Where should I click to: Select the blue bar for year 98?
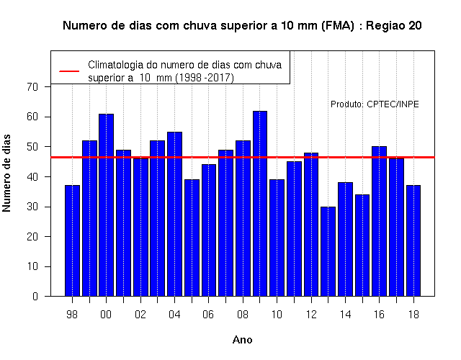[x=72, y=240]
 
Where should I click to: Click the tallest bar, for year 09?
[x=260, y=204]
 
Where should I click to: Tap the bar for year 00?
[x=106, y=205]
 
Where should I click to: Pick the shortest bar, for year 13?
[x=328, y=251]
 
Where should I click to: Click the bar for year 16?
[x=380, y=221]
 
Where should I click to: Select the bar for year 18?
[x=413, y=240]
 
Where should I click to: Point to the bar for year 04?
[x=174, y=214]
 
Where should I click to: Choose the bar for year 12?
[x=311, y=225]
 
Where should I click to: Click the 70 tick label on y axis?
[x=32, y=86]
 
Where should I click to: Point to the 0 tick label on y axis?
[x=35, y=296]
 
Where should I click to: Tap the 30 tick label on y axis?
[x=32, y=207]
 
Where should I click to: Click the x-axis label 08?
[x=243, y=315]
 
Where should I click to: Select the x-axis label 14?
[x=345, y=315]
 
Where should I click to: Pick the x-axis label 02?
[x=140, y=315]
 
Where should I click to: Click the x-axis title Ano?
[x=242, y=340]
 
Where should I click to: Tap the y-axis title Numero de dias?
[x=6, y=174]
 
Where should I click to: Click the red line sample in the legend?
[x=69, y=71]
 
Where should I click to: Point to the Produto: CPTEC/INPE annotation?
[x=375, y=104]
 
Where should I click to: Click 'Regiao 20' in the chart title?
[x=394, y=26]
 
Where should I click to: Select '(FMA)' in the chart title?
[x=338, y=26]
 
